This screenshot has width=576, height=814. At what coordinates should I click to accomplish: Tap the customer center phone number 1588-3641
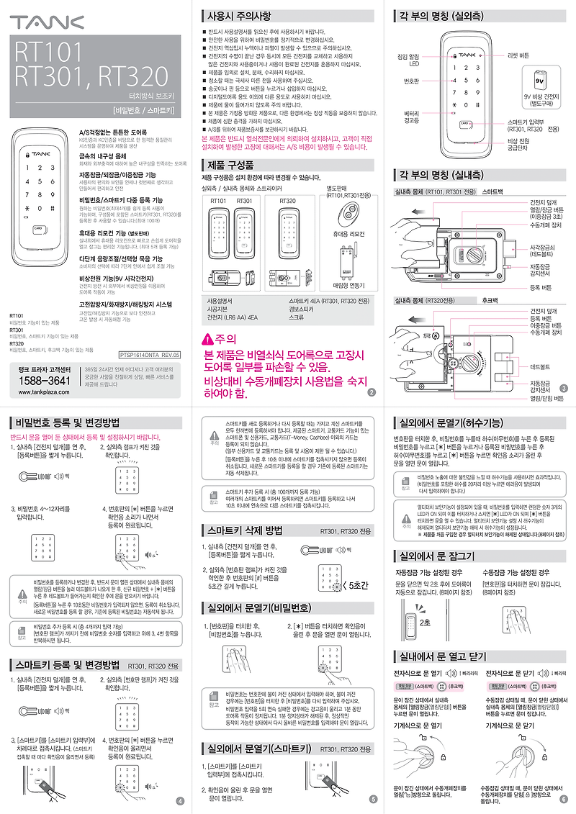click(x=43, y=379)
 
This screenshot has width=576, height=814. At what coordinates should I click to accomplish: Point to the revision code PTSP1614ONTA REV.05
click(x=149, y=355)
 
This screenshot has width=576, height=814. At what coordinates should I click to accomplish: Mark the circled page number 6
click(x=563, y=797)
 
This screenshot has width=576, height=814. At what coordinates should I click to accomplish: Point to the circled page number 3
click(x=563, y=389)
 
